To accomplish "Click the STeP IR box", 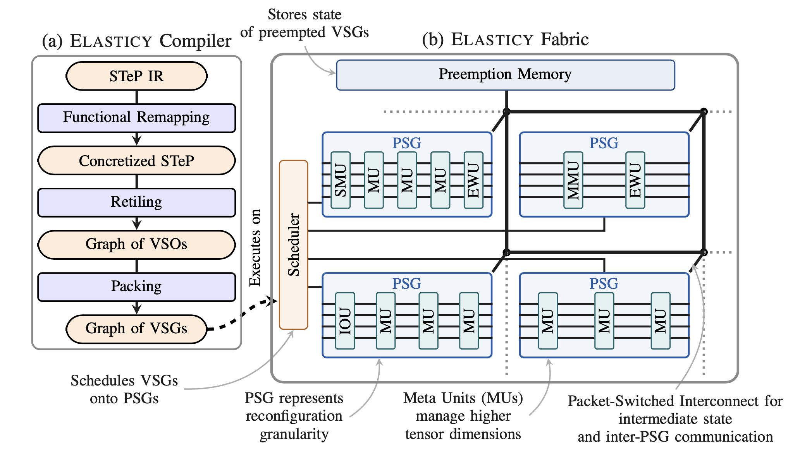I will tap(136, 76).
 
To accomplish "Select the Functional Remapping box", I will tap(136, 118).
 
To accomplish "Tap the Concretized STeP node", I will tap(136, 161).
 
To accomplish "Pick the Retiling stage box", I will tap(136, 202).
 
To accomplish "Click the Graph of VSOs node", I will tap(136, 244).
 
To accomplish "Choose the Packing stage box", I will tap(136, 286).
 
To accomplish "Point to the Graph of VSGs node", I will tap(136, 329).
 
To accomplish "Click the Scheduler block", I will tap(294, 245).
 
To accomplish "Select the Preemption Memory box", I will tap(505, 75).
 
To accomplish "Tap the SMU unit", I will tap(341, 180).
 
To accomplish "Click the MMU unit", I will tap(573, 180).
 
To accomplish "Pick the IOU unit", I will tap(345, 321).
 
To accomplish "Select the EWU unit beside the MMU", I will tap(635, 180).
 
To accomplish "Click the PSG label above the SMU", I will tap(406, 143).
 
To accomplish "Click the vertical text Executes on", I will tap(256, 248).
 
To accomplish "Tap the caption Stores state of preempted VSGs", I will tap(305, 24).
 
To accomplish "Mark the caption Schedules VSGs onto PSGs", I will tap(124, 389).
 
